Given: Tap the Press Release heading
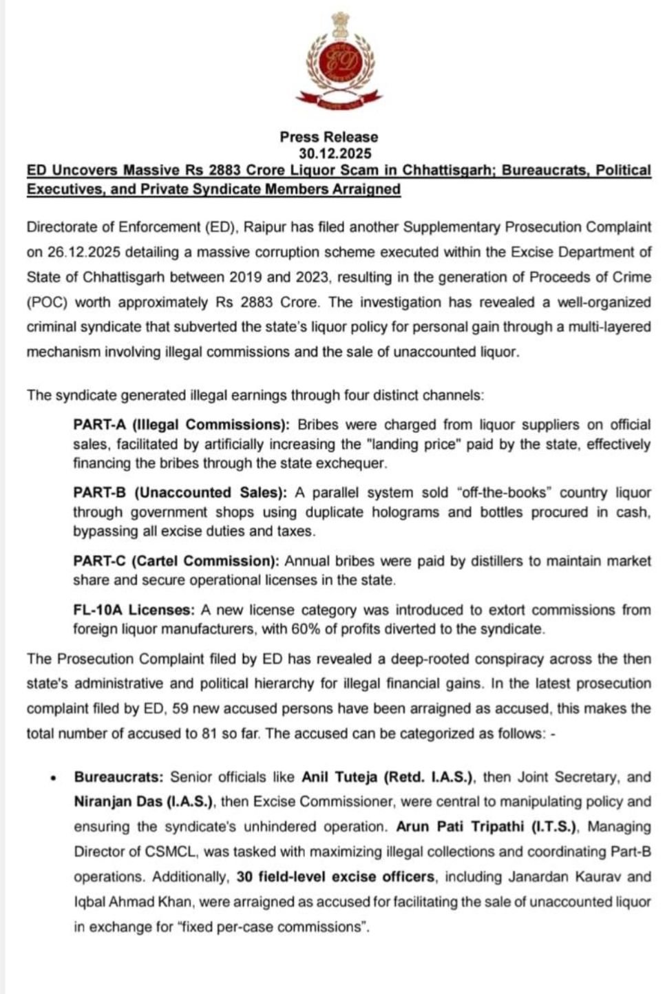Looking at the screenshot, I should (328, 137).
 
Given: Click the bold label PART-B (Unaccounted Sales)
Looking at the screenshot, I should (180, 493).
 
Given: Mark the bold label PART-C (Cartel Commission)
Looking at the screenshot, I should (176, 561).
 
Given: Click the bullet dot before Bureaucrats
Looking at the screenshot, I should (53, 779).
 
